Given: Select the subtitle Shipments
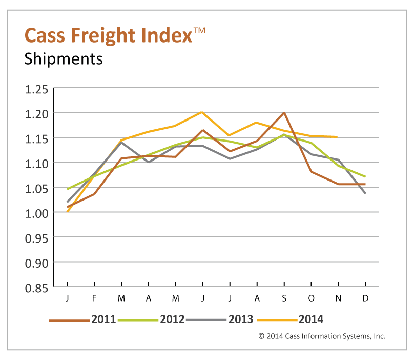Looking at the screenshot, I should pyautogui.click(x=64, y=58).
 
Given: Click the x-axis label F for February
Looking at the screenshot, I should pyautogui.click(x=94, y=298).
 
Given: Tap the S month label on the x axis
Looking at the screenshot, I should pyautogui.click(x=284, y=298).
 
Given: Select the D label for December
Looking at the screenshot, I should pyautogui.click(x=365, y=298).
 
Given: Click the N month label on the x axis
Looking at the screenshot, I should pyautogui.click(x=338, y=298).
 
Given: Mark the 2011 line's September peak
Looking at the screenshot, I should pyautogui.click(x=284, y=112).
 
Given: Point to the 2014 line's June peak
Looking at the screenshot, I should pyautogui.click(x=202, y=112).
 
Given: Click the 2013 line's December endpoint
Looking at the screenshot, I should pyautogui.click(x=365, y=193).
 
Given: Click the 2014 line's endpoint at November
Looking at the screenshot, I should pyautogui.click(x=338, y=137).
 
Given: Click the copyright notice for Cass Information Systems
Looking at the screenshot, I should pyautogui.click(x=321, y=336).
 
